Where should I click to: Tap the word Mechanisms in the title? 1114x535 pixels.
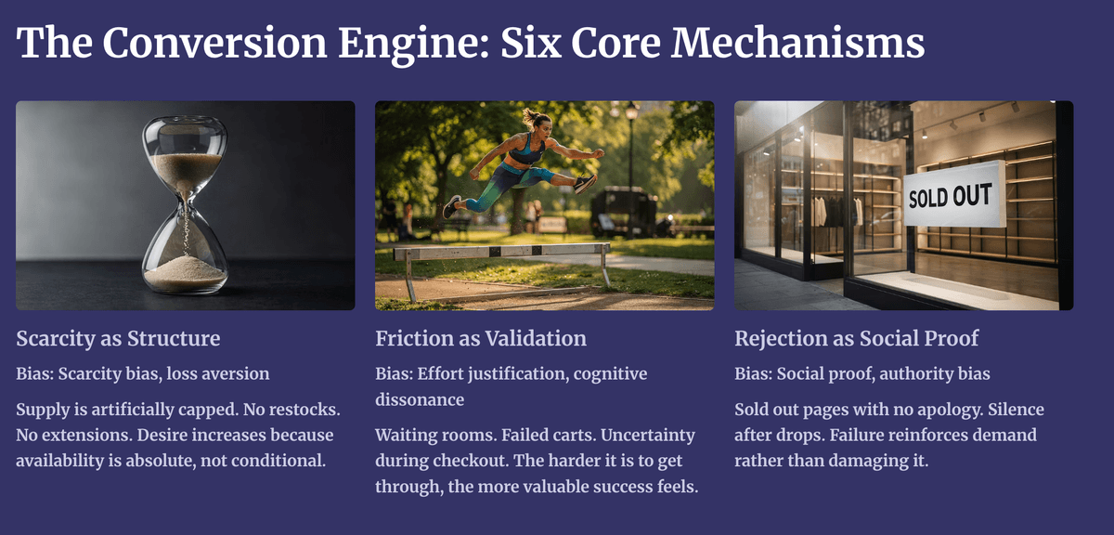click(797, 43)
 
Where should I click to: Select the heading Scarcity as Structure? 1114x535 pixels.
click(118, 338)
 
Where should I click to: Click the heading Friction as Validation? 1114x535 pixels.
click(481, 338)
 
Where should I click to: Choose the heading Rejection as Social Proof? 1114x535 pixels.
click(856, 338)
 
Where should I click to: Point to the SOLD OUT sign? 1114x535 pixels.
click(954, 195)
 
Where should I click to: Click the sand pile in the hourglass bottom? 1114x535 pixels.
click(185, 274)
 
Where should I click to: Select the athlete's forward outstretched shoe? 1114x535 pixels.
click(586, 183)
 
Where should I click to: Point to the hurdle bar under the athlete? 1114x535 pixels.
click(501, 252)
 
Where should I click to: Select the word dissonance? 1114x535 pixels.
click(420, 399)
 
